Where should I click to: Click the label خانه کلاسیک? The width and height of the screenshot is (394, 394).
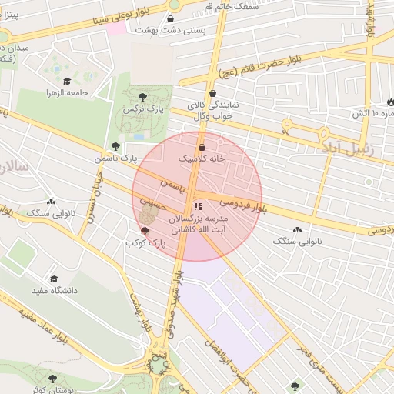click(202, 158)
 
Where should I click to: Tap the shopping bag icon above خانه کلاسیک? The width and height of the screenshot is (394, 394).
click(202, 146)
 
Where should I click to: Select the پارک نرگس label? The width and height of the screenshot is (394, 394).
click(141, 109)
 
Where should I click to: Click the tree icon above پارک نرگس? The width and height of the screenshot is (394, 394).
click(142, 97)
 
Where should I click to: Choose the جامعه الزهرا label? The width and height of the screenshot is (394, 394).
click(68, 92)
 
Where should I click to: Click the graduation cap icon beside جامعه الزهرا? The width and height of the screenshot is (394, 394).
click(67, 81)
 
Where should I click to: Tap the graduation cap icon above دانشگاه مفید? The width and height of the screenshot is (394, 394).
click(53, 279)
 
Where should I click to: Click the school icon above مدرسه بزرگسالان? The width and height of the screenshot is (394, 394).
click(197, 206)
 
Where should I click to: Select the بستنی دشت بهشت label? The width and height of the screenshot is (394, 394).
click(169, 30)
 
